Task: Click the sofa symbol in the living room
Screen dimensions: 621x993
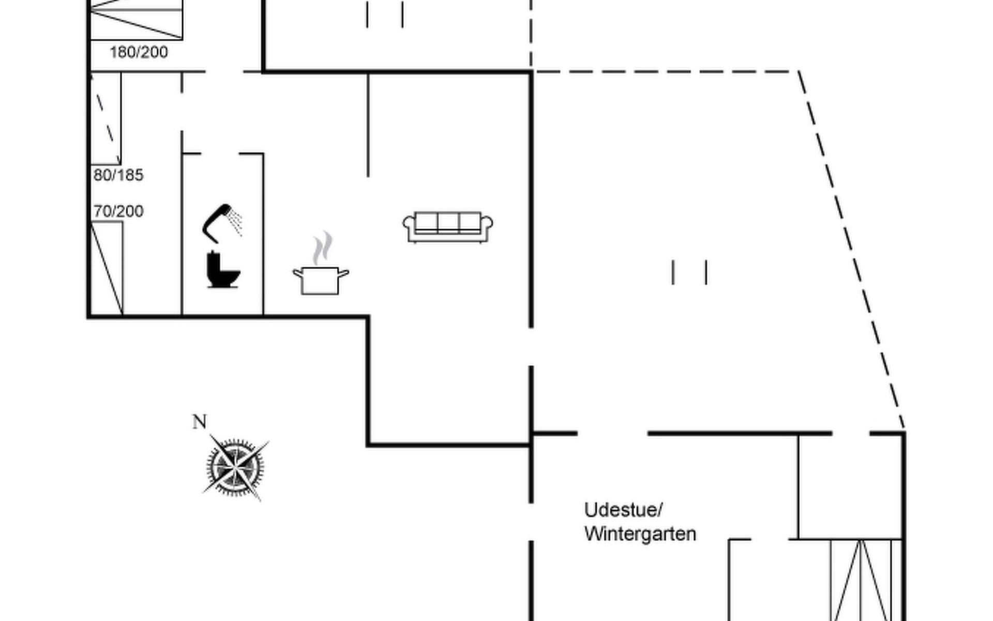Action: [x=448, y=227]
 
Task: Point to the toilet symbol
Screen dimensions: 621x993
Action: [x=222, y=270]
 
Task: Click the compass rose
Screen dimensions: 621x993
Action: [x=235, y=467]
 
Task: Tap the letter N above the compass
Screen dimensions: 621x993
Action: [x=200, y=422]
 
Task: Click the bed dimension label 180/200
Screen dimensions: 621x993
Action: [x=139, y=52]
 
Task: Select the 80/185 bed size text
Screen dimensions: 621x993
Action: [x=118, y=175]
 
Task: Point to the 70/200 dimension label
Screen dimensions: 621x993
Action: [x=118, y=211]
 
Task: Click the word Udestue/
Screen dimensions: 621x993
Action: [x=623, y=510]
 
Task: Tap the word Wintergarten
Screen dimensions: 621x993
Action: [x=640, y=534]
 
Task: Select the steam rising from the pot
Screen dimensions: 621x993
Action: [x=322, y=248]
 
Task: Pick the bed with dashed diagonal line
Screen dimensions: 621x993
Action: [x=106, y=119]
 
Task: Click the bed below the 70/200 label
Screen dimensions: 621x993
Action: [x=107, y=268]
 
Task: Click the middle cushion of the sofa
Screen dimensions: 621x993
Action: [x=448, y=223]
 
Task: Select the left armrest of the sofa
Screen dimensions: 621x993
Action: [x=409, y=225]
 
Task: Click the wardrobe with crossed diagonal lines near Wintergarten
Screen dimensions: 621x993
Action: [x=861, y=580]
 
